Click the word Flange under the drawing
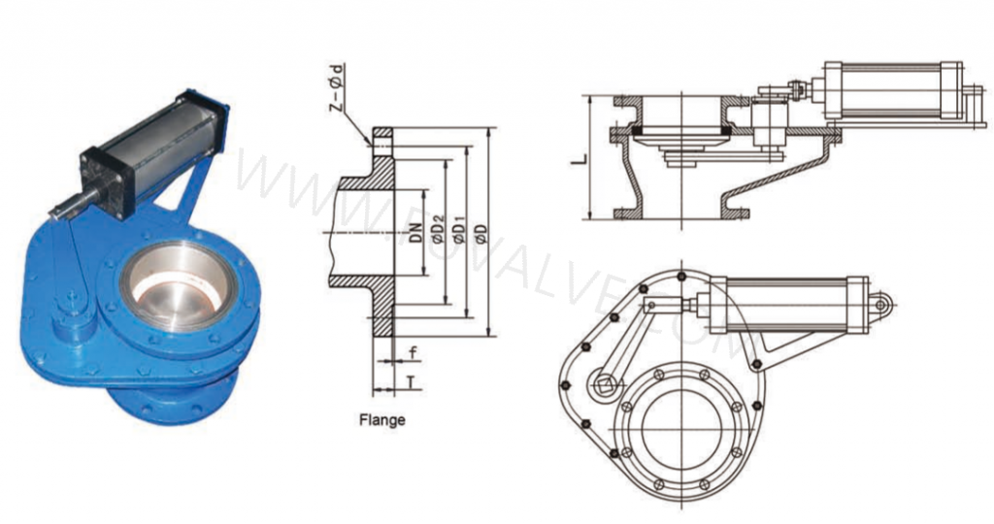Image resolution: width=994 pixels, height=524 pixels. pos(381,420)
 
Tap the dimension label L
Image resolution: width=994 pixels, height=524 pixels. pos(580,156)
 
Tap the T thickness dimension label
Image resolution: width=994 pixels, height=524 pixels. pos(414,382)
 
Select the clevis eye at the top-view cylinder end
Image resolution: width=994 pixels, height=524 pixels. pos(881,304)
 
